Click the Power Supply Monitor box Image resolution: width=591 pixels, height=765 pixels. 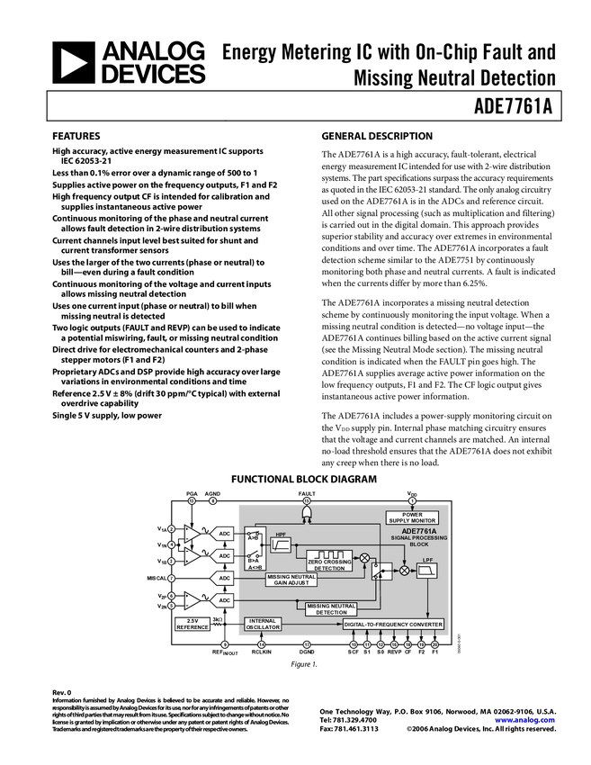[x=412, y=517]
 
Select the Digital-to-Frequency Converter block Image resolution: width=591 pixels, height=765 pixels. [x=393, y=624]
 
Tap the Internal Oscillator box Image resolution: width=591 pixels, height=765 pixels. [x=263, y=624]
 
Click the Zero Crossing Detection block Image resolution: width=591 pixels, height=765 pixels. [x=329, y=560]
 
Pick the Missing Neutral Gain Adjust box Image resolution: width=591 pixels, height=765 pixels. [x=291, y=580]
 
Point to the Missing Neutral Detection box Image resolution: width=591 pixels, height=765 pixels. [x=331, y=608]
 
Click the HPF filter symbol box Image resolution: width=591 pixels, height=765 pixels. [x=281, y=544]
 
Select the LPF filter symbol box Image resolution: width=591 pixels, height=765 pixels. [x=427, y=571]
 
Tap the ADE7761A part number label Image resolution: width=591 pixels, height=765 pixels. [x=419, y=531]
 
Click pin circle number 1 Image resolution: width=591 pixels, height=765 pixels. [x=412, y=500]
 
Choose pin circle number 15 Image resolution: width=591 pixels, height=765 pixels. [x=306, y=500]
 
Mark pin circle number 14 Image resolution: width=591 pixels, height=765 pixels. [x=262, y=645]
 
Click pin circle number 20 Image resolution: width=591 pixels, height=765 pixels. [x=435, y=645]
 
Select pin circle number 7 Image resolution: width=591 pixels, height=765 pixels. [x=171, y=578]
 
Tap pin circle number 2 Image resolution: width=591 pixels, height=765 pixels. [x=171, y=529]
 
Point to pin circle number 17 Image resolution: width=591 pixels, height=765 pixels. [x=306, y=645]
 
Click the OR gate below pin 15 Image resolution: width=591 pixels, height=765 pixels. [x=306, y=512]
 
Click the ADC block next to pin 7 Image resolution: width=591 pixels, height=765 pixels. [x=225, y=578]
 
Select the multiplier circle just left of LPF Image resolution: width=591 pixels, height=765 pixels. [x=404, y=571]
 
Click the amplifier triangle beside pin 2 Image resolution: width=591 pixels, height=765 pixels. [x=192, y=534]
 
